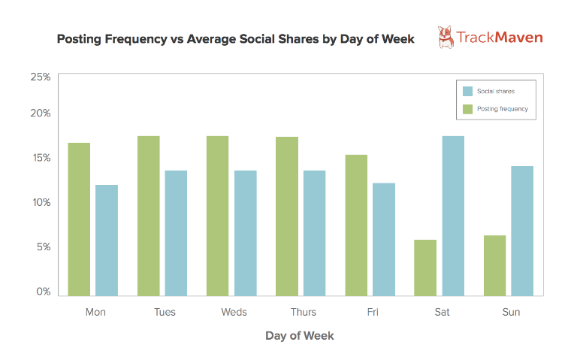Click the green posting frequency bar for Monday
coord(79,219)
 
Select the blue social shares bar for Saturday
coord(453,216)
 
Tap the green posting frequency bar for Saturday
coord(425,268)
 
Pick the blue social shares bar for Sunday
coord(522,231)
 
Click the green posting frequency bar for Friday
coord(356,225)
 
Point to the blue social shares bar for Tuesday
coord(176,233)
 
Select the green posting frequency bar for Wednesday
coord(218,216)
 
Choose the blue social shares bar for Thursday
coord(314,233)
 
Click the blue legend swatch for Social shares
coord(467,91)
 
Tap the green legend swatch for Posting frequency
coord(467,109)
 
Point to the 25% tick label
coord(41,77)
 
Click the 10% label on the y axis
coord(41,202)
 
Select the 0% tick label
coord(44,291)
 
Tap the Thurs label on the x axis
coord(304,312)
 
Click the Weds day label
coord(234,312)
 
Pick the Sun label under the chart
coord(511,312)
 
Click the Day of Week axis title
coord(300,336)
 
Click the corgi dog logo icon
coord(446,37)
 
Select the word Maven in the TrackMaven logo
coord(519,38)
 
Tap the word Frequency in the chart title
coord(136,39)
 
